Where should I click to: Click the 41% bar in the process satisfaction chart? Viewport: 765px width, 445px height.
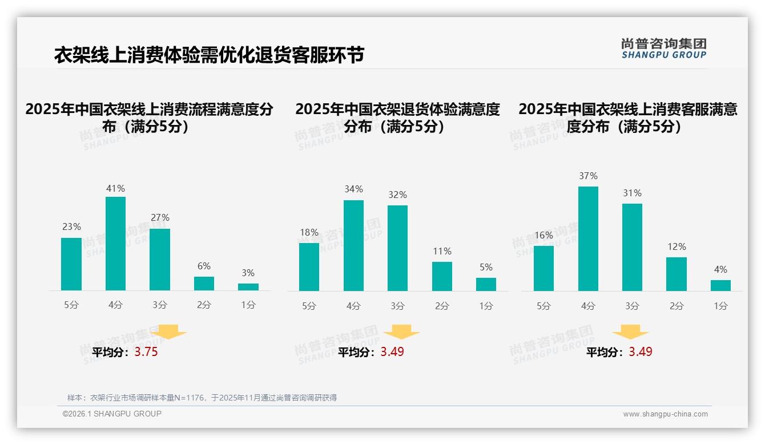(115, 244)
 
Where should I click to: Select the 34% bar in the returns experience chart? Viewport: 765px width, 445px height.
(353, 245)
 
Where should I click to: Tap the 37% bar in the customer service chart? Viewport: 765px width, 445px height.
(588, 238)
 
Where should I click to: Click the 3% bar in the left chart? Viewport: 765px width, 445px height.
(248, 287)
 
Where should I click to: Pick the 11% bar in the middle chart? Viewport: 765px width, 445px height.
(442, 276)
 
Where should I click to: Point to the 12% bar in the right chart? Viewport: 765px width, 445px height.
(677, 274)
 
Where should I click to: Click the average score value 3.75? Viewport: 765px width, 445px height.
(146, 352)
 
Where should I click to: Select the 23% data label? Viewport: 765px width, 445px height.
(71, 226)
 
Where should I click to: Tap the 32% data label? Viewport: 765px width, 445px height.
(398, 195)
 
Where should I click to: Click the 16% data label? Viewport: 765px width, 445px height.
(543, 235)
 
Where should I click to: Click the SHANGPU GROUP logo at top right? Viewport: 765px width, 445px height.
(663, 48)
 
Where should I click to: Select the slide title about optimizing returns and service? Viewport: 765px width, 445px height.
(209, 55)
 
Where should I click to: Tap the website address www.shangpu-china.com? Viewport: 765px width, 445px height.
(665, 414)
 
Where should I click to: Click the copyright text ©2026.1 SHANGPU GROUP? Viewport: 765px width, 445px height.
(112, 414)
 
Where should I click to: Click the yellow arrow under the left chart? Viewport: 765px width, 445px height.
(168, 332)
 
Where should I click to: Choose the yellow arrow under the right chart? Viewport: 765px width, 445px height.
(630, 332)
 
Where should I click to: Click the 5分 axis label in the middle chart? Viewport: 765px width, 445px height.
(309, 306)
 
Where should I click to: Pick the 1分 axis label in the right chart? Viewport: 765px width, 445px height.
(720, 306)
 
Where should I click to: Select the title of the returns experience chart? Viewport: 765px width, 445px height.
(397, 118)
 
